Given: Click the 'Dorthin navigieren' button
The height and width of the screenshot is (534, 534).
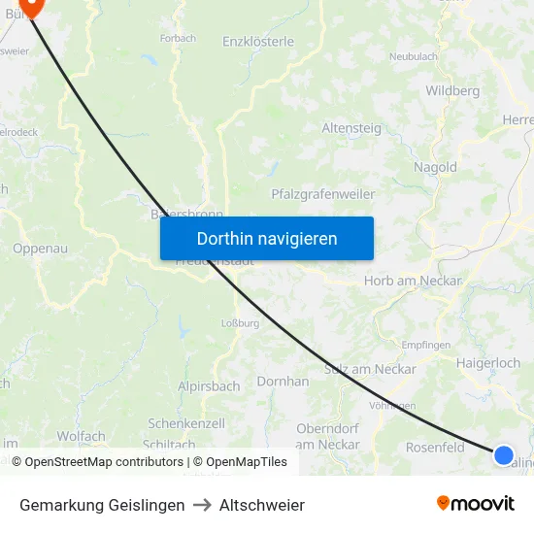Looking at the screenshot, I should click(267, 238).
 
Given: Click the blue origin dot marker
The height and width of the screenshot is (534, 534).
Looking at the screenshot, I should click(503, 454).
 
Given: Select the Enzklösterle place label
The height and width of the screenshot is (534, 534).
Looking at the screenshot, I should click(258, 42).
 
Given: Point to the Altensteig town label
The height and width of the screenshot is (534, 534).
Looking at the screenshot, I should click(351, 127).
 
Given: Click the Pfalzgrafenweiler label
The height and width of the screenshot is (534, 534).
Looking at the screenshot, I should click(323, 194).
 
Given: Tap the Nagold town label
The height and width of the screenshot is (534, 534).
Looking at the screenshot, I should click(435, 167).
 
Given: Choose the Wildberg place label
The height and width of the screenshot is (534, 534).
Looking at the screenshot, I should click(452, 91).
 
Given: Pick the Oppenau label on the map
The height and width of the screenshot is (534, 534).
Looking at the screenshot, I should click(40, 249).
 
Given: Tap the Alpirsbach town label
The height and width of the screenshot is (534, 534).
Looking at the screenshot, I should click(209, 386).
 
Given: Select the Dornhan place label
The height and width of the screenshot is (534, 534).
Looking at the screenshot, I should click(283, 382).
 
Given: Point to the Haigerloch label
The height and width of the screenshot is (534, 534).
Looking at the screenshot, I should click(488, 363).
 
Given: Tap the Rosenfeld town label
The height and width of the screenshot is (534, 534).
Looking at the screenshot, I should click(435, 448).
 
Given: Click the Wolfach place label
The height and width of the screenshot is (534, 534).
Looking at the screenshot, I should click(81, 437).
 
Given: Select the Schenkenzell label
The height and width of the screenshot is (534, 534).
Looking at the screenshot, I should click(186, 423).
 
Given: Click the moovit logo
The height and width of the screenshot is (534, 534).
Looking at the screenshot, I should click(475, 504).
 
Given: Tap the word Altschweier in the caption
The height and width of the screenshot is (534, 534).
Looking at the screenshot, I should click(262, 505).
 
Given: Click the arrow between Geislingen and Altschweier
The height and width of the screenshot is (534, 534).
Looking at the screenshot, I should click(202, 505).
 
